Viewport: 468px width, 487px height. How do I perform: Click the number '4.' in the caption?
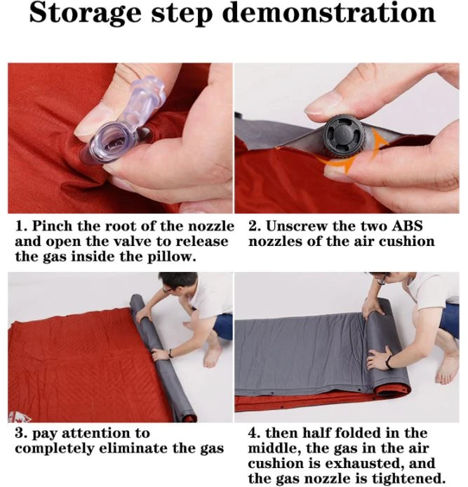tap(256, 434)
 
